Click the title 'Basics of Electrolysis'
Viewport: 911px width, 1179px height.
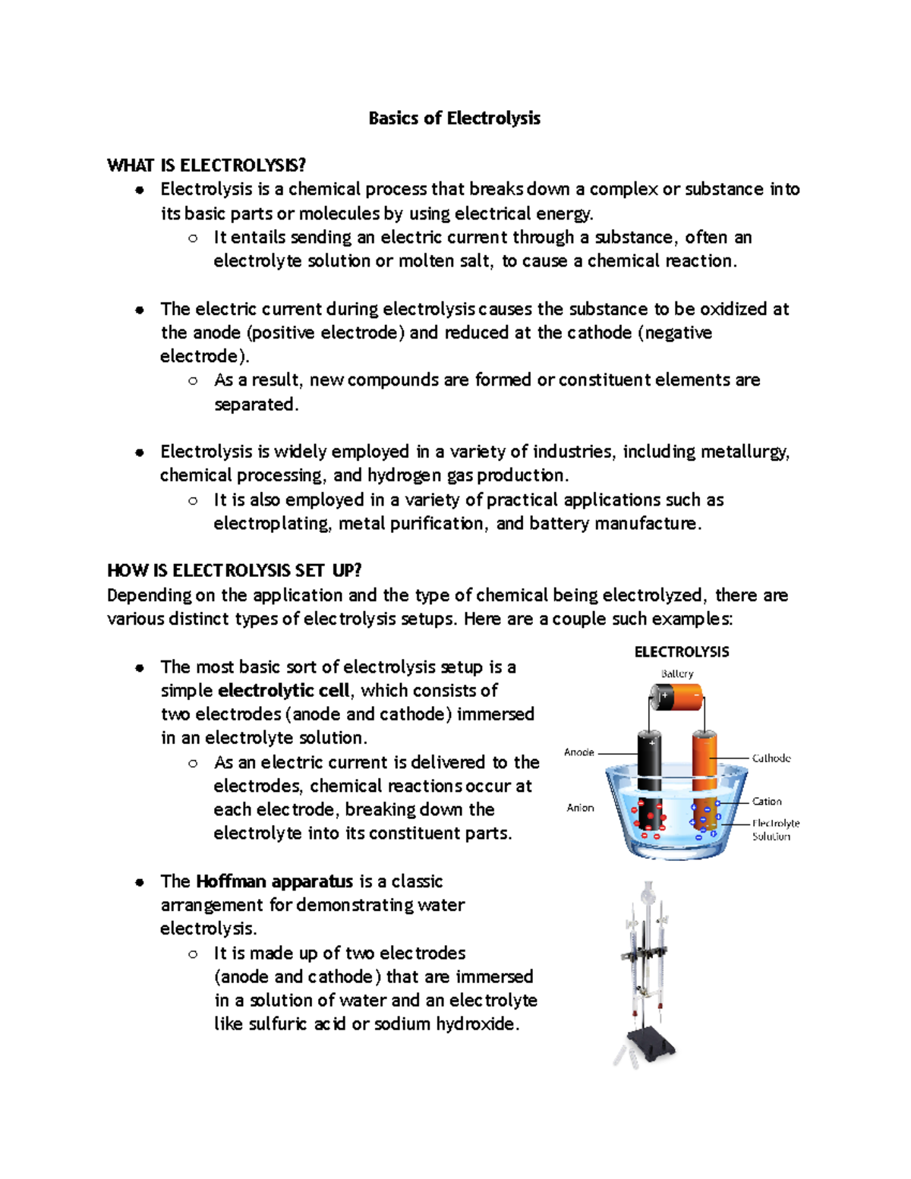pyautogui.click(x=454, y=118)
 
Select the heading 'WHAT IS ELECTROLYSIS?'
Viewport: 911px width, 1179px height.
pyautogui.click(x=206, y=166)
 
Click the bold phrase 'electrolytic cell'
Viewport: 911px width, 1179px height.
pyautogui.click(x=283, y=691)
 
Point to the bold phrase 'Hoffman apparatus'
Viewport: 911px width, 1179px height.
pyautogui.click(x=274, y=881)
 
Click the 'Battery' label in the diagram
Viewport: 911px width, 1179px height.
pyautogui.click(x=676, y=673)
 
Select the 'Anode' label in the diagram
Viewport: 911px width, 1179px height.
pyautogui.click(x=578, y=752)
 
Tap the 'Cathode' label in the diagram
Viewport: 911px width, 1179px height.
pyautogui.click(x=771, y=758)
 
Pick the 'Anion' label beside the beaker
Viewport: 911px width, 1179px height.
pyautogui.click(x=580, y=808)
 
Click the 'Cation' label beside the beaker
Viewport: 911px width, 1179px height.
pyautogui.click(x=767, y=802)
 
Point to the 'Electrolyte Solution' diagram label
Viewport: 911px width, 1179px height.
pyautogui.click(x=774, y=830)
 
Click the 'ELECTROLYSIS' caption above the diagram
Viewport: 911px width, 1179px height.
pyautogui.click(x=681, y=652)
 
